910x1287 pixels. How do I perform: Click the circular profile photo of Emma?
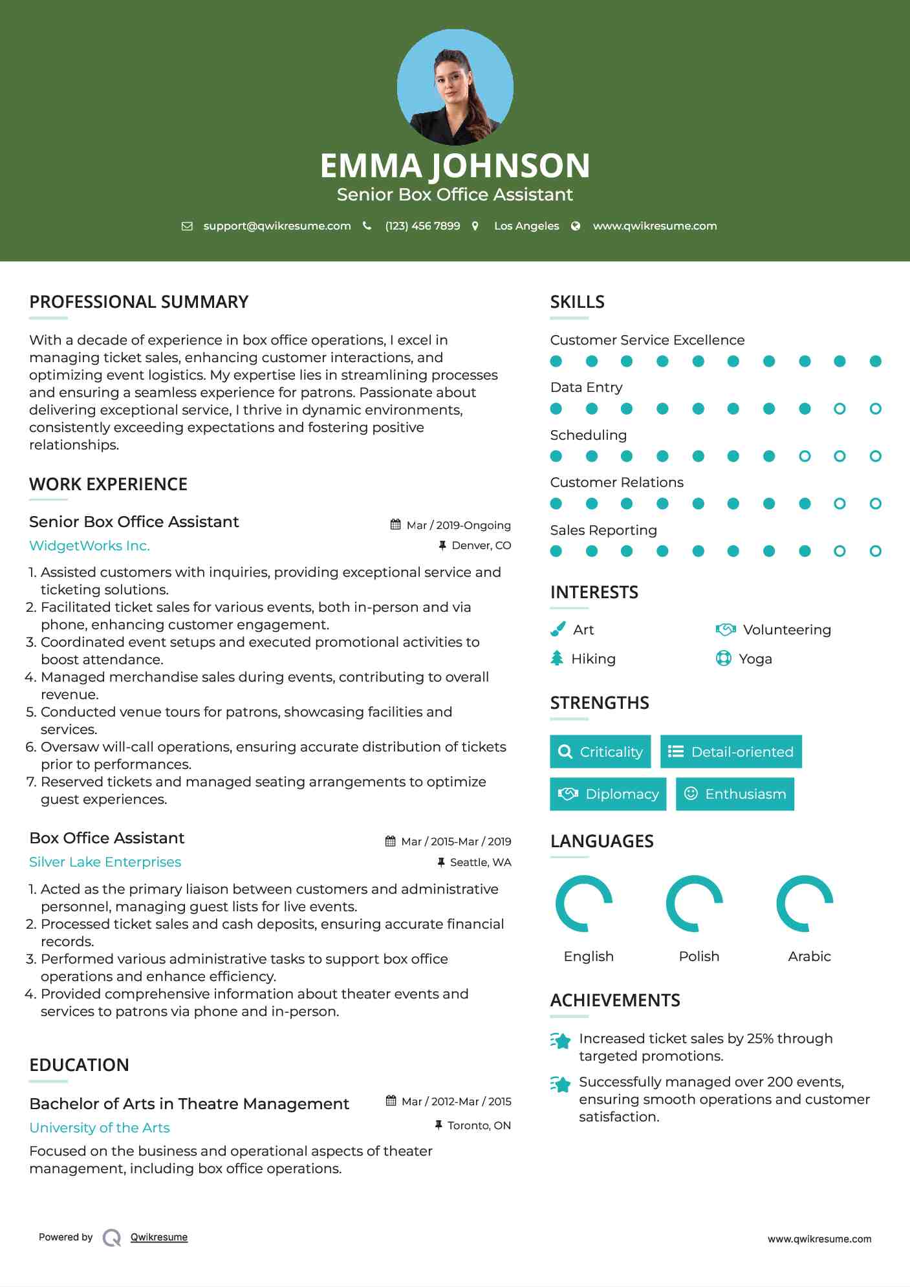point(455,87)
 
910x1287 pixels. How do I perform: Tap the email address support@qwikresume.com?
point(277,226)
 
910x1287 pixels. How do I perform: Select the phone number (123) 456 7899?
point(422,226)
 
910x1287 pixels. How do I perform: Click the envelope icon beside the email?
point(187,226)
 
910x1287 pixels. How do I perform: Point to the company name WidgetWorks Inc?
point(89,546)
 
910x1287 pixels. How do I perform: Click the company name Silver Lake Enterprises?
point(105,862)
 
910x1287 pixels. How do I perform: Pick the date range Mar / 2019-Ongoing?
point(458,525)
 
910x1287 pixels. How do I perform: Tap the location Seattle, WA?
point(480,862)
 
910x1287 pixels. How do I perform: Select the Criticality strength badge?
point(600,752)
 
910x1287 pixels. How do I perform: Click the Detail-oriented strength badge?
point(731,752)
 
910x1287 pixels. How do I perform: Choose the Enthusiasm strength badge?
point(735,794)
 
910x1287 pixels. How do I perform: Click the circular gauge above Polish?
point(695,903)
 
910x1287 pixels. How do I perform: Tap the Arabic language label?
point(809,957)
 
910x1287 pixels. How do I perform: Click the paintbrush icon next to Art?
point(558,629)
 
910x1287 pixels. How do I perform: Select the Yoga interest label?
point(755,659)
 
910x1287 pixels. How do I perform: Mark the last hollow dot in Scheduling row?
point(875,457)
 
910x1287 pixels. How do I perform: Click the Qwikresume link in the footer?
point(159,1237)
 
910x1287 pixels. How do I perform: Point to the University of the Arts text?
point(100,1128)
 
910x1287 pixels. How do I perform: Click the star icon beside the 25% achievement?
point(561,1041)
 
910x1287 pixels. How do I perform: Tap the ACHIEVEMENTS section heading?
point(615,1000)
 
